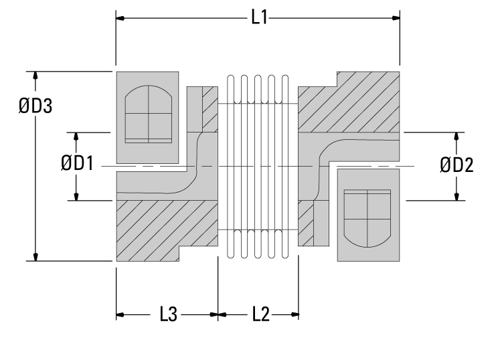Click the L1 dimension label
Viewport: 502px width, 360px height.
259,17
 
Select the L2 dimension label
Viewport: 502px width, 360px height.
260,314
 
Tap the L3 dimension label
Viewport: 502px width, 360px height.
168,314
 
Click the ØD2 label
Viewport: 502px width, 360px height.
456,165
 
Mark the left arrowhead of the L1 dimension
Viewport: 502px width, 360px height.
121,17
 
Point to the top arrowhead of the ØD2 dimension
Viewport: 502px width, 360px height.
456,137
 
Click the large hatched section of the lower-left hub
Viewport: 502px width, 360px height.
161,224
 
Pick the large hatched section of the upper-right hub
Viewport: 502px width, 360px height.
351,107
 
